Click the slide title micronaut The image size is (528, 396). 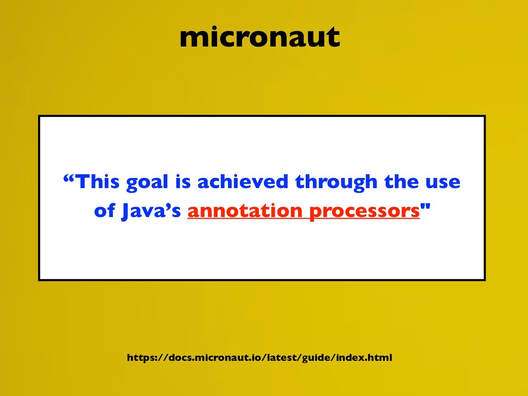click(x=260, y=37)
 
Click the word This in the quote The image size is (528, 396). click(x=97, y=181)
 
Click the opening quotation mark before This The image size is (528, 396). click(x=69, y=177)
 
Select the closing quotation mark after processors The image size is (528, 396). click(x=425, y=207)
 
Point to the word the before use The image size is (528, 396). click(x=401, y=181)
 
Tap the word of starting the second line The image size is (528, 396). click(x=105, y=211)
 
